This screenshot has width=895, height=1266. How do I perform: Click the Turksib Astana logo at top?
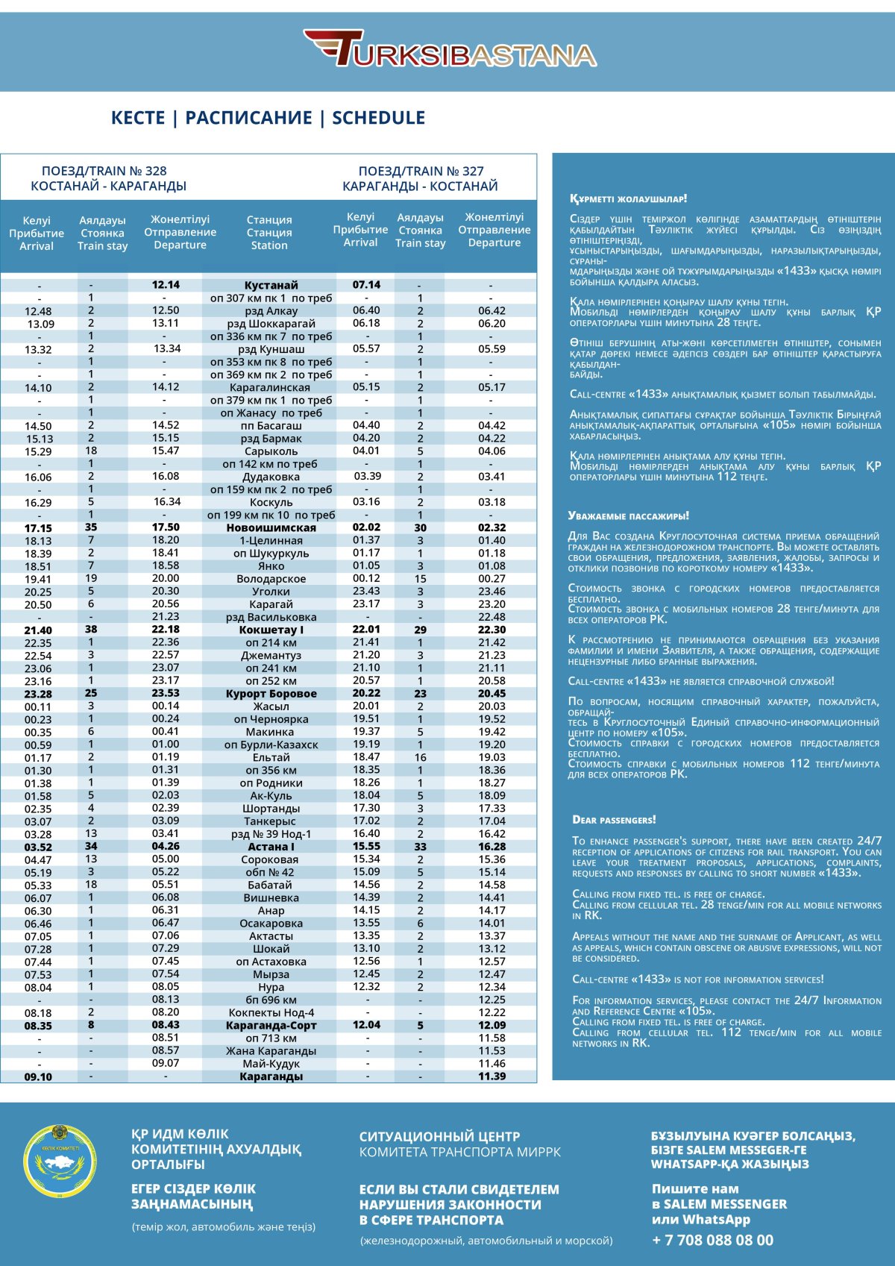(450, 50)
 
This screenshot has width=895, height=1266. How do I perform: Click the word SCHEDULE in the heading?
(379, 118)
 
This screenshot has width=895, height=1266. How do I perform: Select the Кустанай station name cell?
(271, 285)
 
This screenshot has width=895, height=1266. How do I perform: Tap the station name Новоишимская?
(271, 527)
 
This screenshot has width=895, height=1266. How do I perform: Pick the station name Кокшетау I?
(271, 630)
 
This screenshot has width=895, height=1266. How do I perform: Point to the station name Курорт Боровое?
(271, 694)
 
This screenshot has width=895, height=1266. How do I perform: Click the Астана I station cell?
(271, 847)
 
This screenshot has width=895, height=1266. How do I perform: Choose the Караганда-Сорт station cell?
(271, 1026)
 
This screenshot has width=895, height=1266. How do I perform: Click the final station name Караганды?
(271, 1077)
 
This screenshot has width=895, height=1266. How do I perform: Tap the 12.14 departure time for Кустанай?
(166, 285)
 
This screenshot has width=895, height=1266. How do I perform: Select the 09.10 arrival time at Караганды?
(38, 1077)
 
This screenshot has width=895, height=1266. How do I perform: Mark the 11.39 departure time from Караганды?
(492, 1077)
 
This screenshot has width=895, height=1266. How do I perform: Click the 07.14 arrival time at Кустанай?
(366, 285)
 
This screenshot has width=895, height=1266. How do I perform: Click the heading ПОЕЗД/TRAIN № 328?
(104, 171)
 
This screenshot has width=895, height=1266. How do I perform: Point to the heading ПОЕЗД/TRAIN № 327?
(421, 171)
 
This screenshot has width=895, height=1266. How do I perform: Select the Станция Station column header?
(269, 233)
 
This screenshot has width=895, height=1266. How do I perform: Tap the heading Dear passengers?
(614, 820)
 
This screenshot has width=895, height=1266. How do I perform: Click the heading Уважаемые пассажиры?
(628, 516)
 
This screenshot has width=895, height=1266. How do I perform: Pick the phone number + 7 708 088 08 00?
(712, 1240)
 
